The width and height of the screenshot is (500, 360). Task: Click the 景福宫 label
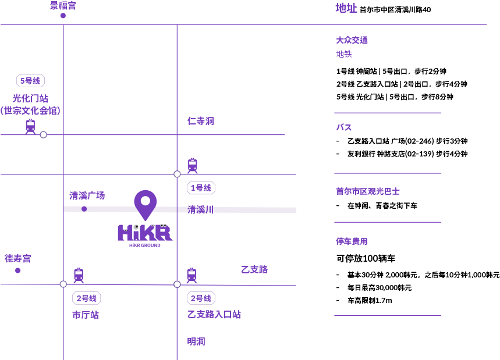click(63, 6)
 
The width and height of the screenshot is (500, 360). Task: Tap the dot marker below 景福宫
click(63, 16)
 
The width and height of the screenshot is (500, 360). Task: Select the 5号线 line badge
click(30, 81)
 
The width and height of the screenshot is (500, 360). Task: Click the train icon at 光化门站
click(30, 126)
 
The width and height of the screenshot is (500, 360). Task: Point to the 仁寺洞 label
click(201, 121)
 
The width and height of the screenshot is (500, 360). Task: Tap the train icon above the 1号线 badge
click(193, 166)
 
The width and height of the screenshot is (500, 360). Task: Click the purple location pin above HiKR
click(145, 204)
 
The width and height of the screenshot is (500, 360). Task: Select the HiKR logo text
click(145, 232)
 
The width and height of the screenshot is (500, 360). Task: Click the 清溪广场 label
click(87, 196)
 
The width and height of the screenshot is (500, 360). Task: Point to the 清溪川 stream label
click(200, 210)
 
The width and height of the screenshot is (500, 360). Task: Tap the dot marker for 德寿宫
click(17, 270)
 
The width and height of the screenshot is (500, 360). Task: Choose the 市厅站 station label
click(86, 315)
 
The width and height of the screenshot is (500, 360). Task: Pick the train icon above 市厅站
click(79, 275)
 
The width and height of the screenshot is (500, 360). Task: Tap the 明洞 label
click(196, 341)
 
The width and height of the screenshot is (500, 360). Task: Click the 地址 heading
click(346, 8)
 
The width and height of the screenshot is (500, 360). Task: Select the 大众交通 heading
click(352, 40)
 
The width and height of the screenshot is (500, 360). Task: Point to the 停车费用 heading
click(352, 241)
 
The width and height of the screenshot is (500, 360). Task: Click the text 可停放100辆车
click(366, 259)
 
